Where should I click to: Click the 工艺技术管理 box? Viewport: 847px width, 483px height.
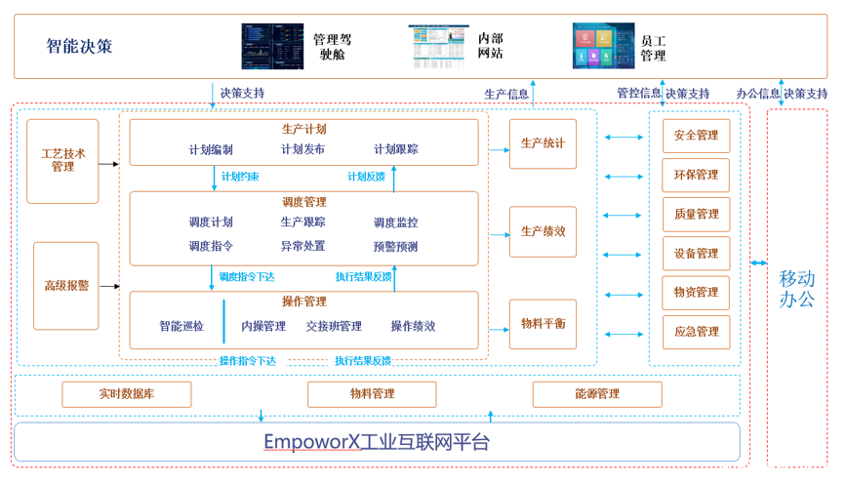62,161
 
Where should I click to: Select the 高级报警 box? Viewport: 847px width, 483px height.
66,286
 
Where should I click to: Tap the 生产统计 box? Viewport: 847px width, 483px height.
543,143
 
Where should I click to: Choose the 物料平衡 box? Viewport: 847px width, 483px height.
543,324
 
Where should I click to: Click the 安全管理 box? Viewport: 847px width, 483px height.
696,136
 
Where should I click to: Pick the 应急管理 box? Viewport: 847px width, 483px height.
696,332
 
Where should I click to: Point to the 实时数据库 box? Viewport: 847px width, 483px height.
127,394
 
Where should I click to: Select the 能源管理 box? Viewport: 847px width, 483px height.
597,394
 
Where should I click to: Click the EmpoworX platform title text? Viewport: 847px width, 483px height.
376,442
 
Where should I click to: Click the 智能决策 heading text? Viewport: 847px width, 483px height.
79,46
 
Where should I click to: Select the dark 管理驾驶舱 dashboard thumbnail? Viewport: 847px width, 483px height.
273,46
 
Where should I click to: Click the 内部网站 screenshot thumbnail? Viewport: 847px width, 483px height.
438,46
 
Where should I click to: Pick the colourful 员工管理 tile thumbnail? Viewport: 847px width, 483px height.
603,46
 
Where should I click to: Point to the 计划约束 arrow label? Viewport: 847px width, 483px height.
239,177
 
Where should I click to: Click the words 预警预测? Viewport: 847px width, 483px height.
395,247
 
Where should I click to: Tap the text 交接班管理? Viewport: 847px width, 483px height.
334,326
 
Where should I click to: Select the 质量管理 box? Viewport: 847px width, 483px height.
696,214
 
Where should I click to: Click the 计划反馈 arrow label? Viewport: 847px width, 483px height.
367,177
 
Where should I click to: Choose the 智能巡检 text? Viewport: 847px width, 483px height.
181,326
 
